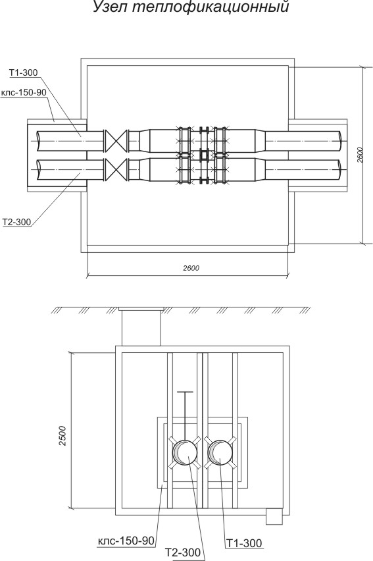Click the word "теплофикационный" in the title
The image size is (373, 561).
point(211,7)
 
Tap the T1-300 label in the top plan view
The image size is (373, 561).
point(23,72)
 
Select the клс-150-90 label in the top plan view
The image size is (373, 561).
point(24,92)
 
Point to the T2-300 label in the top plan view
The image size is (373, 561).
point(17,222)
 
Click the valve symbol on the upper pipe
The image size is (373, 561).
point(116,141)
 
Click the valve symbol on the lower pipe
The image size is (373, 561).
point(116,171)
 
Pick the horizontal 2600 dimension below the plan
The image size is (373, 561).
point(191,268)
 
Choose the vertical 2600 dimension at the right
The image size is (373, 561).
point(361,155)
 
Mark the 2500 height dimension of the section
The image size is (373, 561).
point(63,435)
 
